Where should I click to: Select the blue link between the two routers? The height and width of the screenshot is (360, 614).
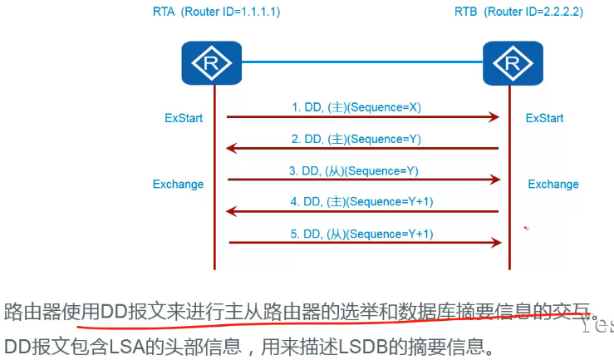pyautogui.click(x=362, y=62)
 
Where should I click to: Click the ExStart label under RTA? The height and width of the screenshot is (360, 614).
pyautogui.click(x=183, y=118)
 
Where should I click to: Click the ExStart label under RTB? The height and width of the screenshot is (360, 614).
pyautogui.click(x=544, y=118)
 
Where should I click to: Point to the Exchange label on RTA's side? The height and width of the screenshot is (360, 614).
pyautogui.click(x=178, y=184)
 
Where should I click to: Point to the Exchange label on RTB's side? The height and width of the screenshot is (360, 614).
pyautogui.click(x=553, y=184)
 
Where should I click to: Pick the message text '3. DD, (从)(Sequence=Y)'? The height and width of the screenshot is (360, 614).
pyautogui.click(x=354, y=170)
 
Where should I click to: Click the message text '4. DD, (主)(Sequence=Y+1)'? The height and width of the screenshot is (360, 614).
pyautogui.click(x=362, y=201)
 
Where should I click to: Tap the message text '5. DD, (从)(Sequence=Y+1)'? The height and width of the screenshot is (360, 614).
pyautogui.click(x=362, y=234)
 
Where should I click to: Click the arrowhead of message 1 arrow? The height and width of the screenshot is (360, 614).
pyautogui.click(x=495, y=118)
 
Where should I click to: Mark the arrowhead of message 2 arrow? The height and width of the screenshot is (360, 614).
pyautogui.click(x=233, y=149)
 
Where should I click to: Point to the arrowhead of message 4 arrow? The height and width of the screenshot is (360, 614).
pyautogui.click(x=233, y=212)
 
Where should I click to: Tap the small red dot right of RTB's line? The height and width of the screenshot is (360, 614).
pyautogui.click(x=525, y=228)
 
